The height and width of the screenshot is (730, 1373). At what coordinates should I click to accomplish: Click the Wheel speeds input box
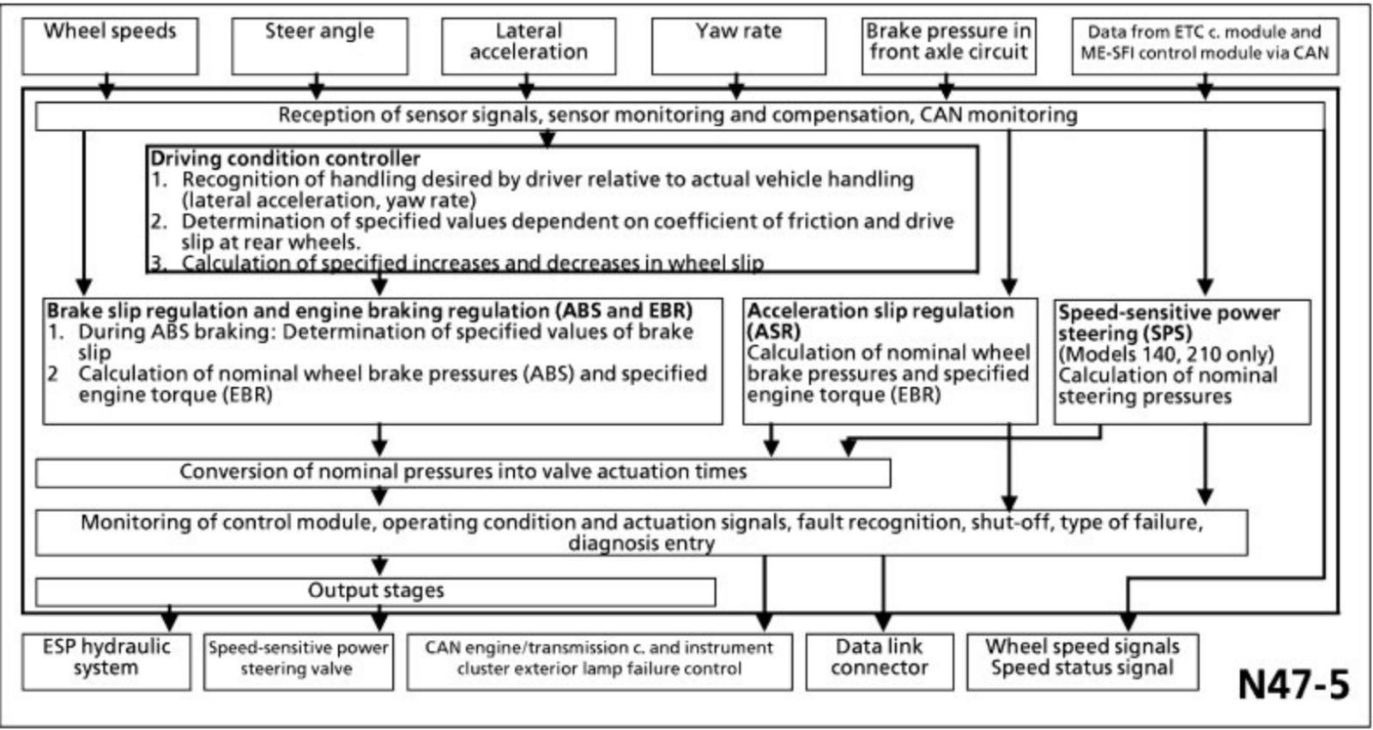(110, 45)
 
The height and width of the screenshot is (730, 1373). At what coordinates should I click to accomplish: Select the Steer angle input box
(319, 45)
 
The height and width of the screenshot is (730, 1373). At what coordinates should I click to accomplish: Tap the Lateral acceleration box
(529, 45)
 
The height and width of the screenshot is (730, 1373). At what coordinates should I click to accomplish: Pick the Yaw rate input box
(739, 45)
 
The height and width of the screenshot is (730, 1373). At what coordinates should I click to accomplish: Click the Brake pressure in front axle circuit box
(948, 45)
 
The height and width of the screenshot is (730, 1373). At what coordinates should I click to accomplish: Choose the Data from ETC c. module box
(1205, 45)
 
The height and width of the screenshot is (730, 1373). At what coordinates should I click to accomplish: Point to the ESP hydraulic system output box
(106, 661)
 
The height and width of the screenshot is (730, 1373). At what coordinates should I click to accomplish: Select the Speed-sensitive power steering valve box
(298, 661)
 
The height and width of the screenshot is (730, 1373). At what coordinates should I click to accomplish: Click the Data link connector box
(880, 661)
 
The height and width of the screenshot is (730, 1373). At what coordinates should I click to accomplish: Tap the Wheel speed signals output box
(1082, 661)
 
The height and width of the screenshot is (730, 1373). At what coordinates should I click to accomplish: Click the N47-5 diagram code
(1293, 684)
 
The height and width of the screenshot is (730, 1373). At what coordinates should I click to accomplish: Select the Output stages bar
(376, 591)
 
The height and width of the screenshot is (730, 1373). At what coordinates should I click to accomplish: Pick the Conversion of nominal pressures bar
(463, 473)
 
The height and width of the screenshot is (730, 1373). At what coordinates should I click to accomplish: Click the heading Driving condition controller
(286, 159)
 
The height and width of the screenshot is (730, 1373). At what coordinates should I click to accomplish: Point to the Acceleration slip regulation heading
(880, 311)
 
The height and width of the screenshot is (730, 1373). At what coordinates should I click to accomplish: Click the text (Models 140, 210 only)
(1166, 354)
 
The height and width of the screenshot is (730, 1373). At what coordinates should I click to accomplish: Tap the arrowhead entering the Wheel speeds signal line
(106, 89)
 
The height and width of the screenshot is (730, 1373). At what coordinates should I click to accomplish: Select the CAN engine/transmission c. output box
(599, 661)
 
